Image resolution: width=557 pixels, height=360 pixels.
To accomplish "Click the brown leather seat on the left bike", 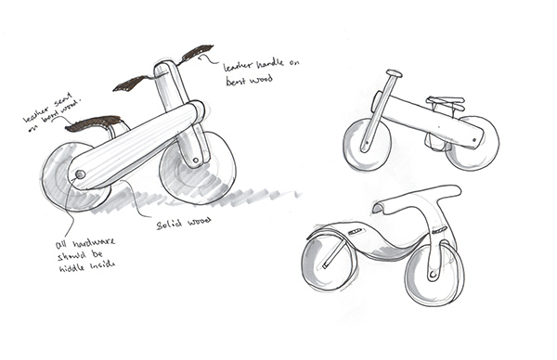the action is [96, 122].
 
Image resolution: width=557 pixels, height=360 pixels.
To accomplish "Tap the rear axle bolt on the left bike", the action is [80, 174].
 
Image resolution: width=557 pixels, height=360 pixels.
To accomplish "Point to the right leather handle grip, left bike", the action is [200, 53].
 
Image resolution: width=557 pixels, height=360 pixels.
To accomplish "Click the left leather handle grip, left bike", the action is [132, 84].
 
